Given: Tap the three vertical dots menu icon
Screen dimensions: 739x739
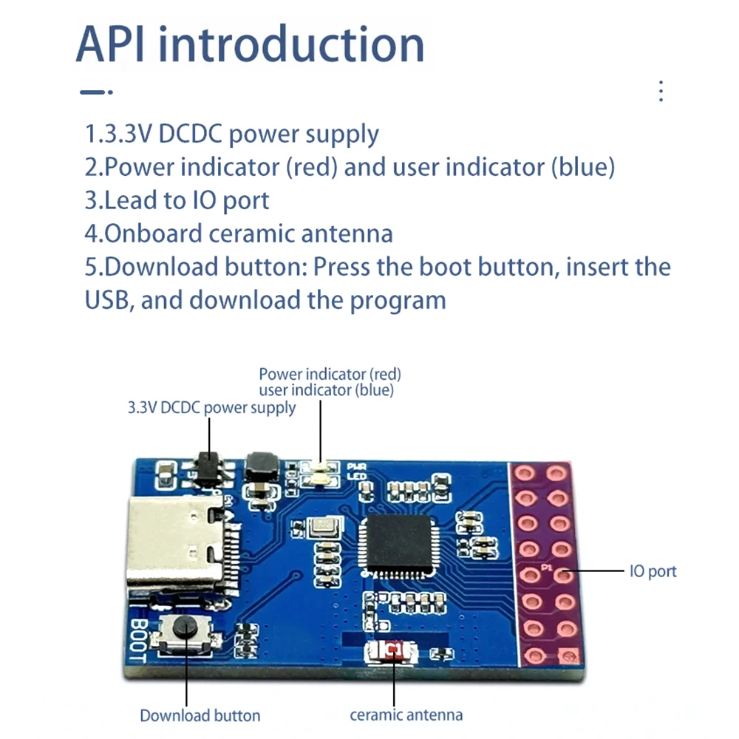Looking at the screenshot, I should [x=661, y=90].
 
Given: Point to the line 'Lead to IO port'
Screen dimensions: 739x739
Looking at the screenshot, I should [x=177, y=200].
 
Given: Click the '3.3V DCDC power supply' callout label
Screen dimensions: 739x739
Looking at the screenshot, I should [x=211, y=408].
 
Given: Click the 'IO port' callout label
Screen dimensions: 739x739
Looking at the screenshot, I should [x=653, y=571].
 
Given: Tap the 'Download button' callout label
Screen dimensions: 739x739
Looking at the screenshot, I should [x=200, y=715].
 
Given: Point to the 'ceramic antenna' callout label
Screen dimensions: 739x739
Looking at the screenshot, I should [x=406, y=715].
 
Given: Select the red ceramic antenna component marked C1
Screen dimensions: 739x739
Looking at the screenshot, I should [x=392, y=651].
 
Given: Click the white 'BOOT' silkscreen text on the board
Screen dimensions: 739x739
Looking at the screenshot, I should [x=138, y=640].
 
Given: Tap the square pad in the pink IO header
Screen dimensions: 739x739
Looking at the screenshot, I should [x=567, y=655].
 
